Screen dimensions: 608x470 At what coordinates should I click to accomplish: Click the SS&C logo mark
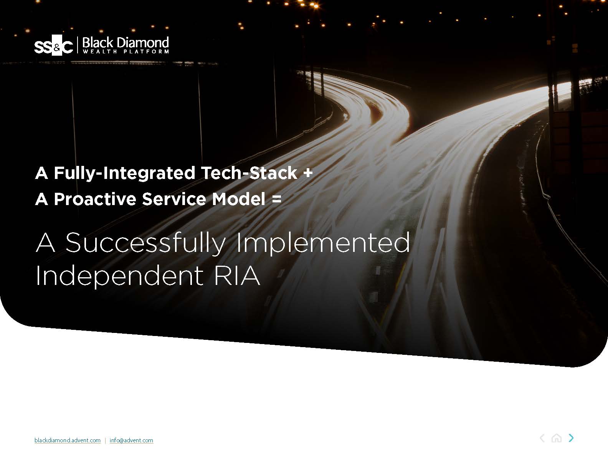pyautogui.click(x=53, y=45)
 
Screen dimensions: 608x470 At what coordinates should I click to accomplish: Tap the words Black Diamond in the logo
pyautogui.click(x=126, y=43)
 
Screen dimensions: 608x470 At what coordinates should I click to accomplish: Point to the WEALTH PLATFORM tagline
pyautogui.click(x=126, y=51)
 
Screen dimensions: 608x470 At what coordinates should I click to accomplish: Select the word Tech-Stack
pyautogui.click(x=249, y=173)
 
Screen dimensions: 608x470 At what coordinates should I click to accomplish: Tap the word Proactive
pyautogui.click(x=95, y=199)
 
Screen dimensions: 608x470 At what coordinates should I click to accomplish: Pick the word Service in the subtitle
pyautogui.click(x=174, y=199)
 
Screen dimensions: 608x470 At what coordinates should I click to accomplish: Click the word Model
pyautogui.click(x=239, y=199)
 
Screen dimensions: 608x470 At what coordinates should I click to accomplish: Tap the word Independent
pyautogui.click(x=119, y=276)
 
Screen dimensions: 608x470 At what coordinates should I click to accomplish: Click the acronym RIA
pyautogui.click(x=237, y=275)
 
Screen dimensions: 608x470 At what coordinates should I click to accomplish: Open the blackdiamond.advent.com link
pyautogui.click(x=68, y=440)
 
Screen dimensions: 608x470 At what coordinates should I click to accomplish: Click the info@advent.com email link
pyautogui.click(x=131, y=440)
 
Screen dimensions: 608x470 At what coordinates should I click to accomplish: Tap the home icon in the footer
pyautogui.click(x=556, y=438)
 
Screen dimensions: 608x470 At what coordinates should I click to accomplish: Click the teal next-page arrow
pyautogui.click(x=571, y=438)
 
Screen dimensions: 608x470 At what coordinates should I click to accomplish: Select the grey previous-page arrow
pyautogui.click(x=542, y=438)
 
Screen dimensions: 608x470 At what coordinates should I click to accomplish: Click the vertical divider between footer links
pyautogui.click(x=105, y=440)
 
